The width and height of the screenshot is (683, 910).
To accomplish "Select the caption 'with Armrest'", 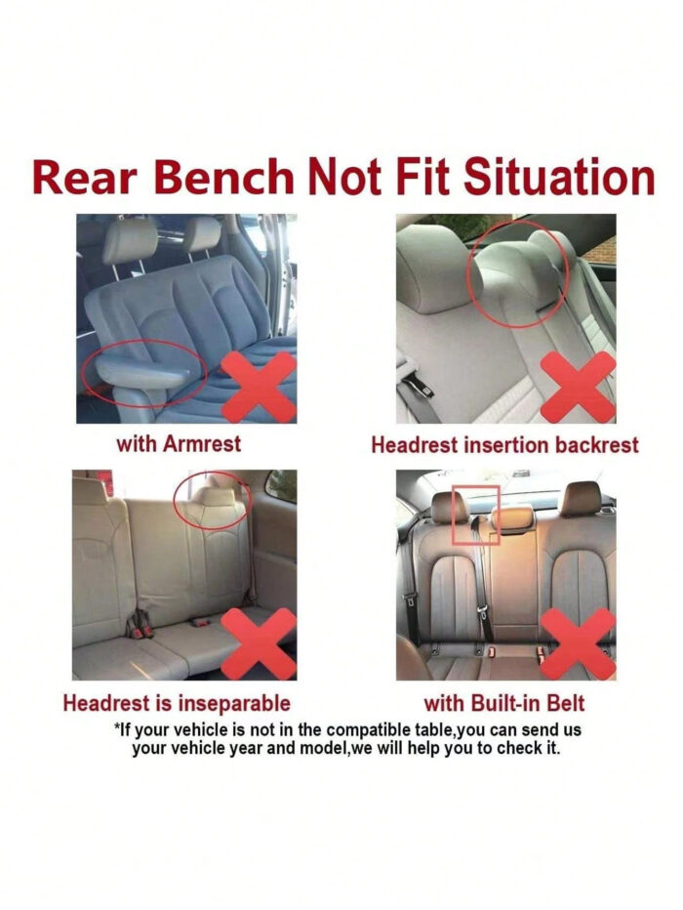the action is [179, 444].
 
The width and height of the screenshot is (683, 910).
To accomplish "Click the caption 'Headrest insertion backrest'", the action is [504, 445].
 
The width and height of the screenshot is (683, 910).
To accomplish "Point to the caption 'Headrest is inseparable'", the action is [177, 703].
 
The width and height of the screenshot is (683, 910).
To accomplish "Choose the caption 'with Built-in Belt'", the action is [503, 703].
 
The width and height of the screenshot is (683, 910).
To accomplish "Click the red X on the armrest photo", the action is [260, 386].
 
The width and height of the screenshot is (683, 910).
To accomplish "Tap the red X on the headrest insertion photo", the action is [578, 386].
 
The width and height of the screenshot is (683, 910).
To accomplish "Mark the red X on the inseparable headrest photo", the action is [260, 643].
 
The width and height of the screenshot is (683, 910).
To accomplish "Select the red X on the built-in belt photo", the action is [578, 643].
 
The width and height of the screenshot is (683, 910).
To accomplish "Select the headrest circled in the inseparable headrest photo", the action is [212, 500].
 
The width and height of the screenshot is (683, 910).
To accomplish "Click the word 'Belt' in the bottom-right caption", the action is [565, 703].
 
